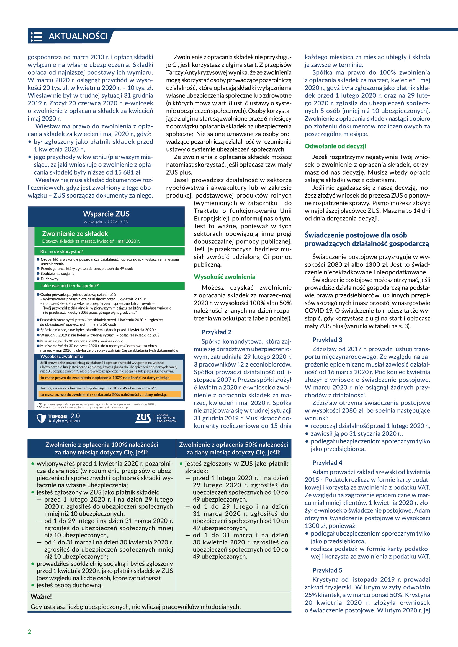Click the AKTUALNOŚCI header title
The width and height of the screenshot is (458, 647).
coord(78,36)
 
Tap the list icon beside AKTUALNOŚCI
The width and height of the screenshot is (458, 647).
coord(37,37)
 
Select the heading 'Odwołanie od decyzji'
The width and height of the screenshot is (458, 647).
coord(335,146)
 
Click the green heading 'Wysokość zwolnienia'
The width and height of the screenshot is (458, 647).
coord(224,277)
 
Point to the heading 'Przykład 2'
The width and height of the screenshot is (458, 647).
coord(216,332)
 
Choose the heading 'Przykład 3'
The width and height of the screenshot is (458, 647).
coord(327,340)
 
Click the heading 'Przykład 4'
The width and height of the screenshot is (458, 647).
coord(327,462)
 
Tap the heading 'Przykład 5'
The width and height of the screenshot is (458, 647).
coord(327,570)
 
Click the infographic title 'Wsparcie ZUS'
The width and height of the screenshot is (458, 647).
coord(106,214)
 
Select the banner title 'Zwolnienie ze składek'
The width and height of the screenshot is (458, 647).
coord(75,234)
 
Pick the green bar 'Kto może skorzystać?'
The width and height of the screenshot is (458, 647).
coord(61,251)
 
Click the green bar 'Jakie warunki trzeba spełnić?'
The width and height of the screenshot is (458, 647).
coord(70,286)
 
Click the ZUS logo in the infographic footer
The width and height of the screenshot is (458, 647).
coord(143,418)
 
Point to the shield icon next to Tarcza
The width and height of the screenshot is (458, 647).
coord(42,418)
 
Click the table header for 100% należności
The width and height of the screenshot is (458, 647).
coord(102,448)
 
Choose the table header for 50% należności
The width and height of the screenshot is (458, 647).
coord(233,448)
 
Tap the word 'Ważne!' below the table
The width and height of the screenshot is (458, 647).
coord(41,597)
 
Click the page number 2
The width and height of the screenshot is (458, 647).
coord(29,632)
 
